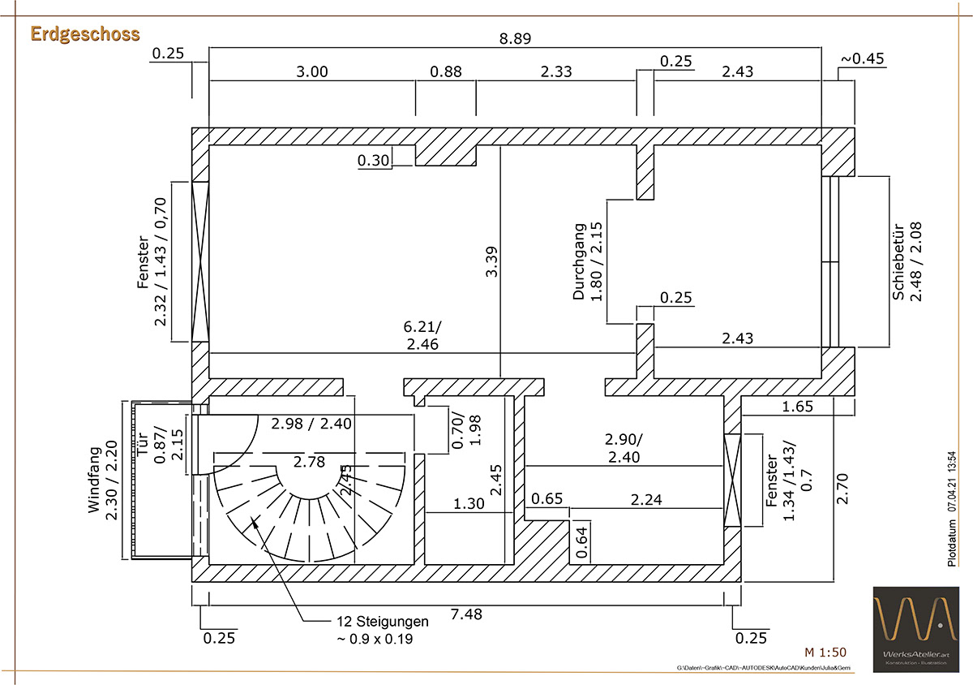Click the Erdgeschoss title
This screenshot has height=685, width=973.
click(x=85, y=33)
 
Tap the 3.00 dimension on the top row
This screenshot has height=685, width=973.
click(x=311, y=71)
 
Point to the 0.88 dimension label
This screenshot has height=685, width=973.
click(x=445, y=71)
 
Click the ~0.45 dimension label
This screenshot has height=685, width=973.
click(x=862, y=58)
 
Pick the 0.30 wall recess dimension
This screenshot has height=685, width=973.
click(x=373, y=161)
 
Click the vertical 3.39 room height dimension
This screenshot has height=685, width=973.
click(x=491, y=262)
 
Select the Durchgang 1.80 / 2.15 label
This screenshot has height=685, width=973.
click(x=589, y=261)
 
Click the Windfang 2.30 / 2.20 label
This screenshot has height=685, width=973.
click(x=103, y=479)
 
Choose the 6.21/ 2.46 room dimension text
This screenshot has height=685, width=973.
click(x=423, y=336)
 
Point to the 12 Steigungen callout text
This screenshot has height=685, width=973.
click(x=383, y=630)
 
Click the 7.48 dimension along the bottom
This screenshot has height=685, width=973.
click(x=465, y=614)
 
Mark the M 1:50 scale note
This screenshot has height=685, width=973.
click(x=825, y=652)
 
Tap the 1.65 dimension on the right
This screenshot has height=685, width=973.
click(x=798, y=407)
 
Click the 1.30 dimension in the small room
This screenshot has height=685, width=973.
click(x=468, y=503)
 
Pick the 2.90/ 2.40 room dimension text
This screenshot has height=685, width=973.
click(x=624, y=448)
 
